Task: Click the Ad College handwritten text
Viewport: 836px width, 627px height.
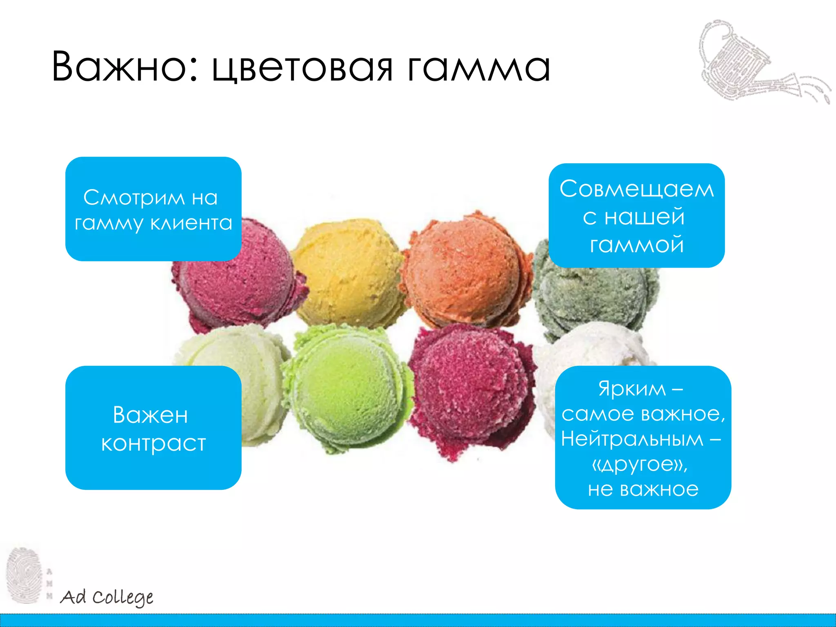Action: [107, 598]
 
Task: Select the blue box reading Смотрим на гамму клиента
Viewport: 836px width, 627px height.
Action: [153, 209]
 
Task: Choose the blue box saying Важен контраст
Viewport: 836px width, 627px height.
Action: [153, 428]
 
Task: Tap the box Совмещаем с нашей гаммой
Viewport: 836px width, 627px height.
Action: [636, 216]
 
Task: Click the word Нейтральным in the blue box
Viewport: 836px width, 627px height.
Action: [632, 439]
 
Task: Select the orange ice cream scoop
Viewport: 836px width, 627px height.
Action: [465, 269]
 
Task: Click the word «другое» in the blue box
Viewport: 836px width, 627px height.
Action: [640, 464]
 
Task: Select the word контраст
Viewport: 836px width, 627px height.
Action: [153, 443]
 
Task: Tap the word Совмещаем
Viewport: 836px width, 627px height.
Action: [636, 189]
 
